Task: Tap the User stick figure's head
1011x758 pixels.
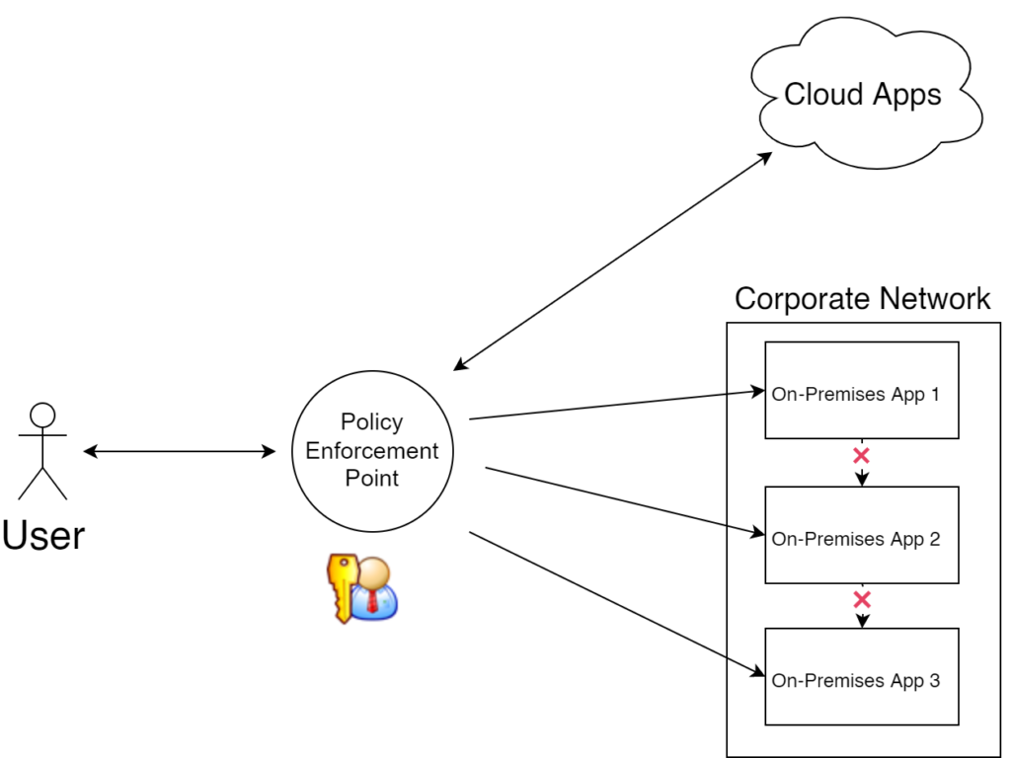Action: (x=42, y=415)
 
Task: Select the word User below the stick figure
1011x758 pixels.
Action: (x=43, y=535)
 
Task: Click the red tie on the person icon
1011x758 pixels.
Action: (x=373, y=597)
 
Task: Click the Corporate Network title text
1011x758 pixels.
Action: (x=862, y=298)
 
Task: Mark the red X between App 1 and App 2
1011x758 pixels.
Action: (x=861, y=456)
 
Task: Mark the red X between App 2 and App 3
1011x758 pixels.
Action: (x=861, y=599)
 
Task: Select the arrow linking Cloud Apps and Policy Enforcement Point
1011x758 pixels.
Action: (x=612, y=262)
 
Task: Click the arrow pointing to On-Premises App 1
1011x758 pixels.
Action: (x=617, y=406)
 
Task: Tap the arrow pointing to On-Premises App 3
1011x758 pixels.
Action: (x=617, y=604)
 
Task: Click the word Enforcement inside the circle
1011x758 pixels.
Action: (x=372, y=450)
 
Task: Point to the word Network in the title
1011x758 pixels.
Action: (x=935, y=298)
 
